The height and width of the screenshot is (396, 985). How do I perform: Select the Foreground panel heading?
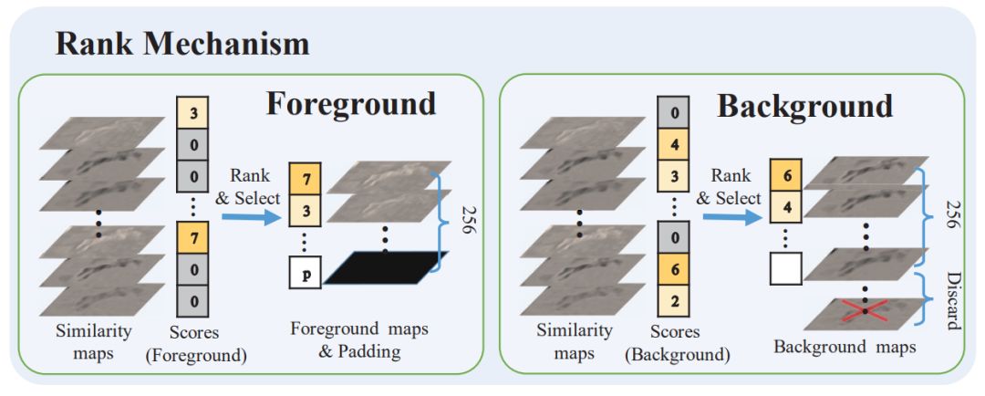click(x=351, y=103)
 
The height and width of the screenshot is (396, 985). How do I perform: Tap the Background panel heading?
click(x=804, y=106)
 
